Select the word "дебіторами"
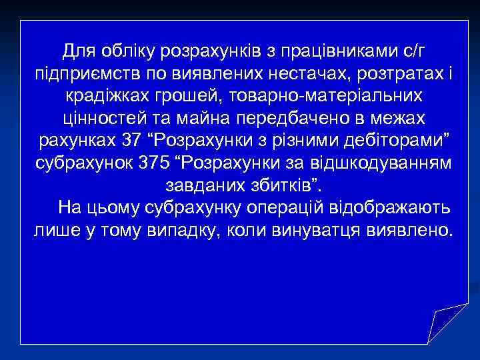[x=395, y=141]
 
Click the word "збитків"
[x=282, y=186]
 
